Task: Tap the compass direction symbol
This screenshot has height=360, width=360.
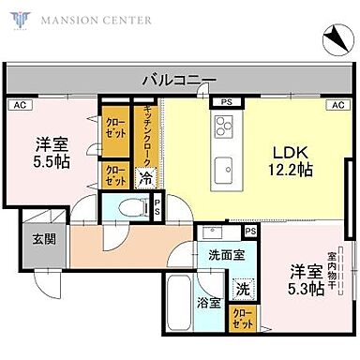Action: [335, 39]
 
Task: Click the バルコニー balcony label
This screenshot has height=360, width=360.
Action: [179, 81]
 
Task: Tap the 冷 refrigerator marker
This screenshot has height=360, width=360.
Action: [146, 175]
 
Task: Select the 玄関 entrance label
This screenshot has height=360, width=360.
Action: [42, 238]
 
